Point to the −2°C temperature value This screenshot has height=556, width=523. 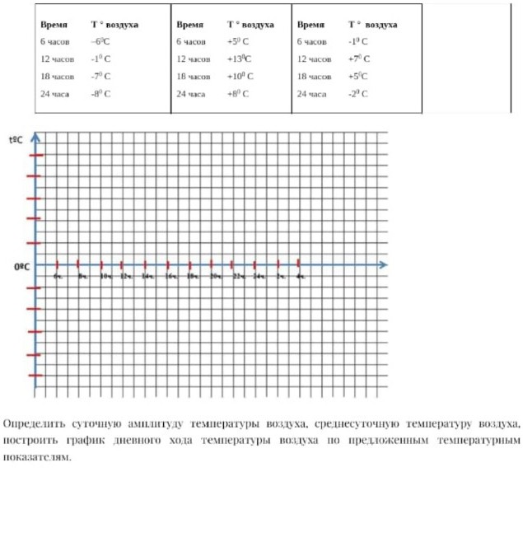[x=359, y=94]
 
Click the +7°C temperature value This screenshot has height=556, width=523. [x=359, y=59]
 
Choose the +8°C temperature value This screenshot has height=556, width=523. [x=238, y=94]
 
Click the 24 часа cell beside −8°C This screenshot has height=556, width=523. [x=54, y=94]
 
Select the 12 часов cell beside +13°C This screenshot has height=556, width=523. [x=194, y=59]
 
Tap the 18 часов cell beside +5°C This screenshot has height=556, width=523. [x=315, y=77]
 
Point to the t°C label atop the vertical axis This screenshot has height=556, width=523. [x=16, y=140]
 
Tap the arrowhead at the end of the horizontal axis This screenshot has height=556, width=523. [x=384, y=264]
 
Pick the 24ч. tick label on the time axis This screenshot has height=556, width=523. [x=259, y=276]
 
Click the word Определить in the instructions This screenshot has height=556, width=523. [x=30, y=424]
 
